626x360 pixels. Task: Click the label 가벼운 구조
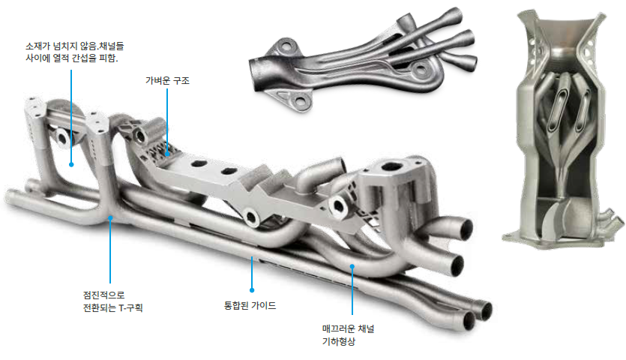[167, 81]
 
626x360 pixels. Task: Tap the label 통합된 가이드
[250, 306]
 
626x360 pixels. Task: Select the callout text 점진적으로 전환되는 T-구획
[112, 301]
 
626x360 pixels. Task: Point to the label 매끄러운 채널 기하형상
[348, 334]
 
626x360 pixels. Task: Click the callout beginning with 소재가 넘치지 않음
[75, 52]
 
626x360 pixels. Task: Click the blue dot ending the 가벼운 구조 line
[168, 154]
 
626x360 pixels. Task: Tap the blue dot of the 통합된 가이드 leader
[252, 290]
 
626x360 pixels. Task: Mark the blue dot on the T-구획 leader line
[110, 218]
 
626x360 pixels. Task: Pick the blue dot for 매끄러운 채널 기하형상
[352, 266]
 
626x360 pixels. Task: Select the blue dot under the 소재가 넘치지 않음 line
[71, 164]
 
